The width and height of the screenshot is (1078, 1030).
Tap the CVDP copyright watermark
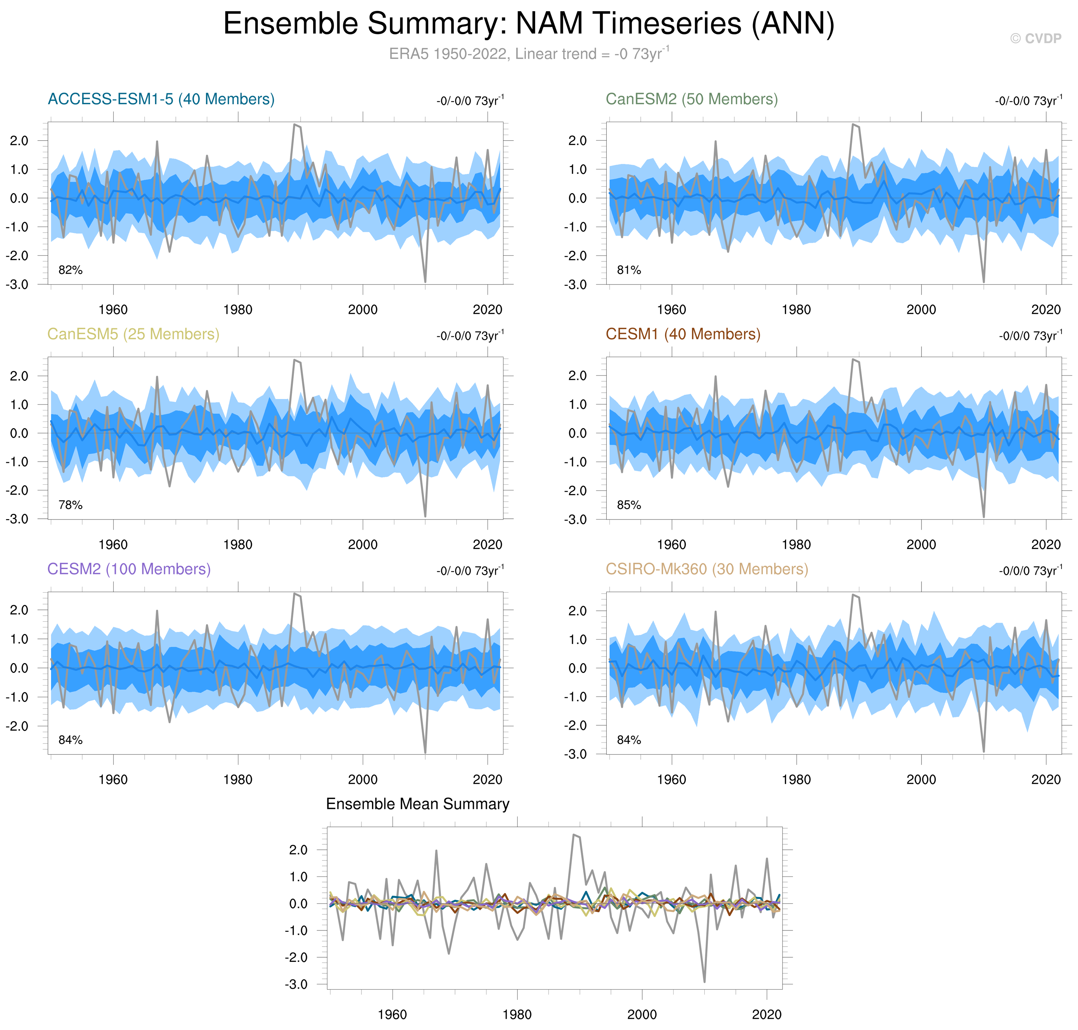click(1035, 38)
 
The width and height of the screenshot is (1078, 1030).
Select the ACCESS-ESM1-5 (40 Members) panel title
click(161, 99)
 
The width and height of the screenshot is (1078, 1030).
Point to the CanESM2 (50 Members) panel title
click(691, 99)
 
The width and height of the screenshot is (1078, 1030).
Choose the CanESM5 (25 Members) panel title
click(133, 335)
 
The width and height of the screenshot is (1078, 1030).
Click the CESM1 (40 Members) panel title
click(682, 335)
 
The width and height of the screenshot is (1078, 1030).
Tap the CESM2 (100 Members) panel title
click(129, 569)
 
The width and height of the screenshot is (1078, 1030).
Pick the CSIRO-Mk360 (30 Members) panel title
click(707, 569)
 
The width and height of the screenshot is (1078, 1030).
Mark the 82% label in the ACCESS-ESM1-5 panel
click(70, 270)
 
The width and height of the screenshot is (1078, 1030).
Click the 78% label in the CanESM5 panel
click(70, 505)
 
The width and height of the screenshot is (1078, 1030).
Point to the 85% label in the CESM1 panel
click(629, 505)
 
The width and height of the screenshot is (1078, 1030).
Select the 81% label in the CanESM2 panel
click(629, 270)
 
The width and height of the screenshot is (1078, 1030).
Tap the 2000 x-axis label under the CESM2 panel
click(362, 780)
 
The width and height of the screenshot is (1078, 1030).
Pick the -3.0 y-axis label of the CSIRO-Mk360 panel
click(576, 754)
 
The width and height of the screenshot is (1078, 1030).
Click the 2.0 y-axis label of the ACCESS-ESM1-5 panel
click(19, 141)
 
